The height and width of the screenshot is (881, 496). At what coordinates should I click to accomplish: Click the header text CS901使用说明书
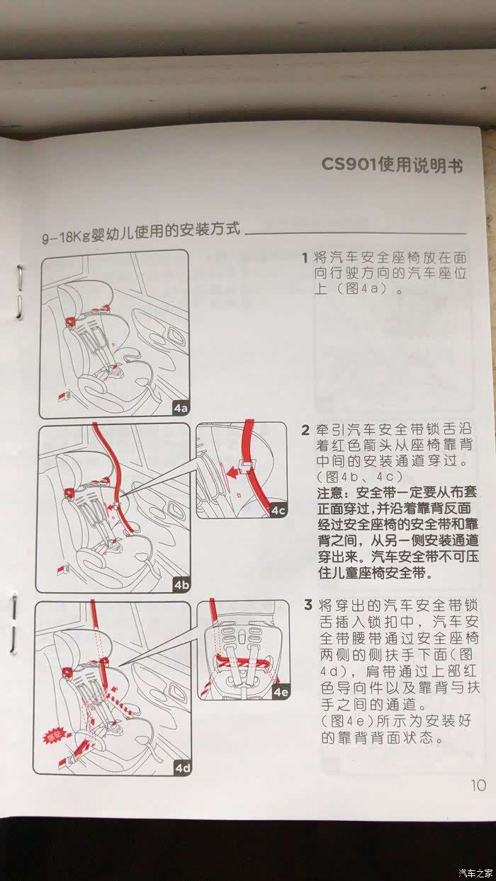click(392, 164)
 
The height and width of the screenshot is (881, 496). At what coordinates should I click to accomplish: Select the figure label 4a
click(181, 408)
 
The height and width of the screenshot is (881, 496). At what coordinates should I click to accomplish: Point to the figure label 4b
click(181, 585)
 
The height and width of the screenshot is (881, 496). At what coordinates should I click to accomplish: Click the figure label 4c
click(278, 511)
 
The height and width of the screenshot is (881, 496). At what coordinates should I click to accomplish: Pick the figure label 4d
click(183, 768)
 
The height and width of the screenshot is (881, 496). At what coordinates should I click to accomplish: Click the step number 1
click(305, 258)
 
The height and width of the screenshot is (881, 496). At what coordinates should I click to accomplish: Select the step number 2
click(306, 430)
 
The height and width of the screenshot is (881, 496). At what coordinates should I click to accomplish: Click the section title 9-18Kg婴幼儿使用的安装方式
click(141, 232)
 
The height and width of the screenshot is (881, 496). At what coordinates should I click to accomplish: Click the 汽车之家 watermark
click(476, 871)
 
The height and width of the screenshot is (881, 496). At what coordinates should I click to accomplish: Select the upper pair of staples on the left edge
click(19, 292)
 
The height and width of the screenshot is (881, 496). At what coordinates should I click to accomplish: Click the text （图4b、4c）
click(360, 477)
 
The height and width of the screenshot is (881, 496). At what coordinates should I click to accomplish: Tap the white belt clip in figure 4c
click(246, 465)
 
